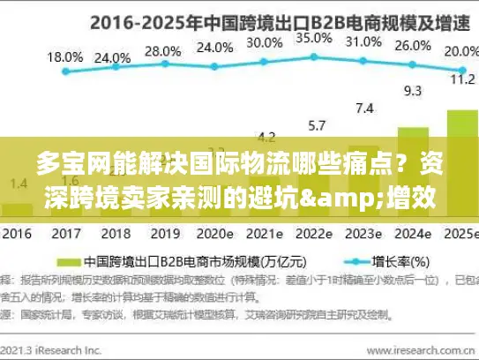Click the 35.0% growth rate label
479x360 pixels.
pyautogui.click(x=313, y=38)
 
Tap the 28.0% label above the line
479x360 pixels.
pyautogui.click(x=161, y=51)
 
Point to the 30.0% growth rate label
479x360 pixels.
pyautogui.click(x=264, y=42)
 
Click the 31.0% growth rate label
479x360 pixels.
pyautogui.click(x=363, y=41)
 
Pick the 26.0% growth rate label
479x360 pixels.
pyautogui.click(x=412, y=46)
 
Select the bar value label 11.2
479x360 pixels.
pyautogui.click(x=462, y=79)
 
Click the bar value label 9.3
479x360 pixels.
pyautogui.click(x=413, y=90)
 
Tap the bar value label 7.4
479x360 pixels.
pyautogui.click(x=363, y=109)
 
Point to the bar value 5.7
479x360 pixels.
pyautogui.click(x=314, y=124)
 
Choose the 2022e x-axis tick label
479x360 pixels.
pyautogui.click(x=312, y=235)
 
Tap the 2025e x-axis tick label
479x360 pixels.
pyautogui.click(x=460, y=235)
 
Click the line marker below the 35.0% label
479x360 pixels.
pyautogui.click(x=314, y=57)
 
